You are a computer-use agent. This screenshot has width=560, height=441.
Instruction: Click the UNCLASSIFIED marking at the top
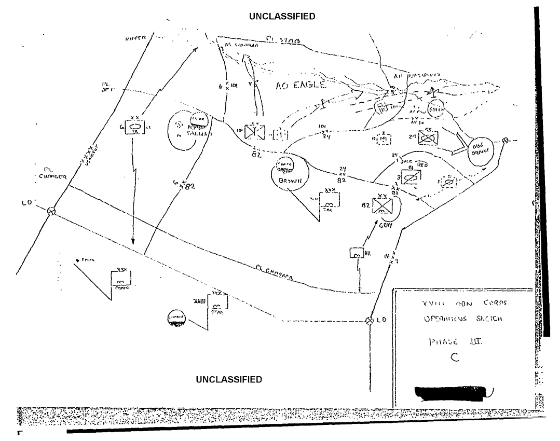[x=282, y=17]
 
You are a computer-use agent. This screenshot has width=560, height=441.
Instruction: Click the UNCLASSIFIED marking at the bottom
[x=229, y=379]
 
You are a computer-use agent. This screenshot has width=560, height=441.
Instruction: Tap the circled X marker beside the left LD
[x=51, y=211]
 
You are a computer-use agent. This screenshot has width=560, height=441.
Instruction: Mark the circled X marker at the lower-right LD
[x=370, y=321]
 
